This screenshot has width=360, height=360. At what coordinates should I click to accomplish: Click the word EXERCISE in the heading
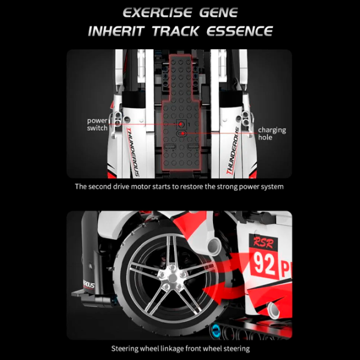point(157,13)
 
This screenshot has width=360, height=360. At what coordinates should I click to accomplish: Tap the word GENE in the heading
point(218,13)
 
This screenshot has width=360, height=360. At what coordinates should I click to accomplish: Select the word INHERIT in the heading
point(116,31)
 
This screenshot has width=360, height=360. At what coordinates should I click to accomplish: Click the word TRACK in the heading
point(175,31)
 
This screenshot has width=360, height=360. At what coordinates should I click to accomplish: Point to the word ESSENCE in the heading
point(239,31)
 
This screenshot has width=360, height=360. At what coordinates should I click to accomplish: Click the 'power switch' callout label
point(97,124)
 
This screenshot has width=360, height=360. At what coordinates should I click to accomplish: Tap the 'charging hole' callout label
point(272,133)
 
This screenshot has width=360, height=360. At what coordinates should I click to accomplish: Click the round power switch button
point(181,124)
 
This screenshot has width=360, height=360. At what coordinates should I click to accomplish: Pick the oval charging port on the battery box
point(181,133)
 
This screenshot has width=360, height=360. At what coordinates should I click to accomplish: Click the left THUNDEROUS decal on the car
point(133,152)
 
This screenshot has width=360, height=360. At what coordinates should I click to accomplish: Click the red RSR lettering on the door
point(263,243)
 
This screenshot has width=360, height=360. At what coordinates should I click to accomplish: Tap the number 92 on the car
point(264,263)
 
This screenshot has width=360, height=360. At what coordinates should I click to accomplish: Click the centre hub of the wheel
point(172,278)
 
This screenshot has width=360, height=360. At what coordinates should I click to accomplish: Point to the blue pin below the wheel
point(215,331)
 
